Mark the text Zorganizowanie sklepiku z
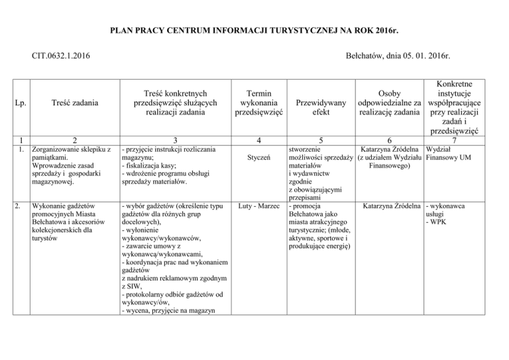point(70,150)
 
